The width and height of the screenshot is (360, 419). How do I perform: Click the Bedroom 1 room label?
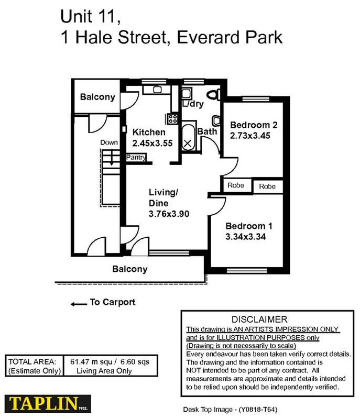click(249, 226)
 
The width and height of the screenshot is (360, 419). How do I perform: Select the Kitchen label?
click(149, 133)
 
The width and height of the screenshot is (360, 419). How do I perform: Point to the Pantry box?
click(136, 157)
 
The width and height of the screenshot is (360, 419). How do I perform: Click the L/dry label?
click(193, 104)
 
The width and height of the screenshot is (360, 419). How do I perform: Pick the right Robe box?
click(267, 186)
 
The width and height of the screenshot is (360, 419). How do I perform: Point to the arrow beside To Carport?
click(79, 303)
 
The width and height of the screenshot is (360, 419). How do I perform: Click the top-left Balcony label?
click(97, 97)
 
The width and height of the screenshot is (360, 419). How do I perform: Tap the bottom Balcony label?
click(130, 269)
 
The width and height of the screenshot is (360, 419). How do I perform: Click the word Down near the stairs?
click(110, 142)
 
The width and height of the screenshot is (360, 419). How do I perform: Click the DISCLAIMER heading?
click(259, 319)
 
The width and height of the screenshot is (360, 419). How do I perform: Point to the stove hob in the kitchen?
click(171, 118)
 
